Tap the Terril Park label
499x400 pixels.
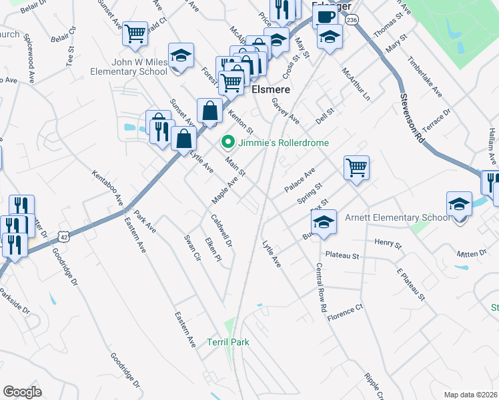228,342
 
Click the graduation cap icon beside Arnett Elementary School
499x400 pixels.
459,203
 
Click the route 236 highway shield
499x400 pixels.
352,21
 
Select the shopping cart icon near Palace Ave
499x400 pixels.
357,167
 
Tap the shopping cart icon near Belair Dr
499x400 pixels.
135,33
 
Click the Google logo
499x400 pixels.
22,392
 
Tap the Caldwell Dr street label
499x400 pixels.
222,231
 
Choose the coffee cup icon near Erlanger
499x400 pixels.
324,17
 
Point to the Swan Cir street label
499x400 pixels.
192,247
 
